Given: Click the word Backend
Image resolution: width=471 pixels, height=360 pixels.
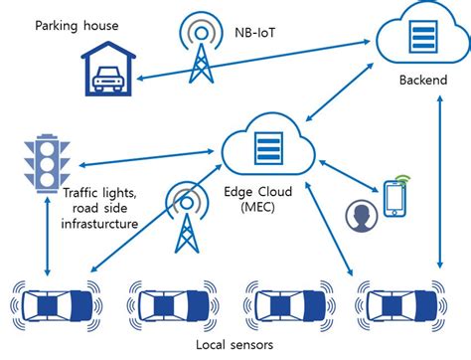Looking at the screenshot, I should tap(418, 80).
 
